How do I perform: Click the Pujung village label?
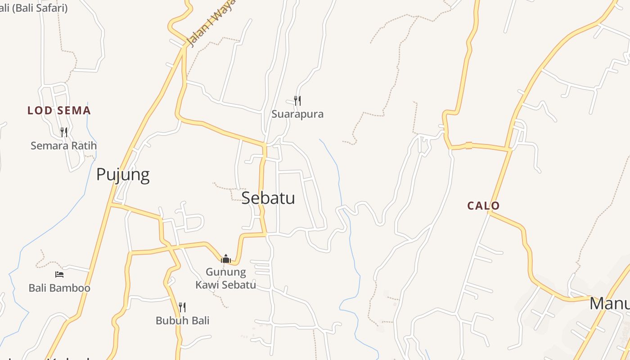[x=123, y=175]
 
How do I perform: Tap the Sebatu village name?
[x=268, y=198]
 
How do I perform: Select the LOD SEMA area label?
[x=59, y=111]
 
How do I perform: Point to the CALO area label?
[x=483, y=206]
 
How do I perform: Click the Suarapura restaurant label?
[x=297, y=114]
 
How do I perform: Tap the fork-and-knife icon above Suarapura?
[x=297, y=100]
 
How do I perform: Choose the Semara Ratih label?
[x=63, y=146]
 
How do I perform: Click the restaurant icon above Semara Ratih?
[x=64, y=132]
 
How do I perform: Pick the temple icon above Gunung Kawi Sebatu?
[x=226, y=258]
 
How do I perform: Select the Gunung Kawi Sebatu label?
[x=226, y=278]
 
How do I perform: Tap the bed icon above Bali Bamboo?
[x=59, y=274]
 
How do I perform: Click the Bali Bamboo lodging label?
[x=59, y=288]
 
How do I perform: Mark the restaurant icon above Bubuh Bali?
[x=182, y=307]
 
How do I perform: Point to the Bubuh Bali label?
[x=182, y=321]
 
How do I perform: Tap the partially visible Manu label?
[x=610, y=304]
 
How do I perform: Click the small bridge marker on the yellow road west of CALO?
[x=468, y=145]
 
